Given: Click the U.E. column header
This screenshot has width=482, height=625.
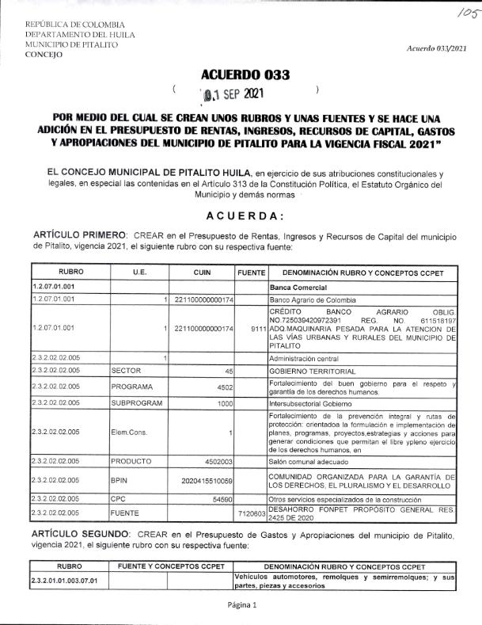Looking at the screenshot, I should tap(139, 272).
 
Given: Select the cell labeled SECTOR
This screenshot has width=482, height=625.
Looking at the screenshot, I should tap(126, 370).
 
